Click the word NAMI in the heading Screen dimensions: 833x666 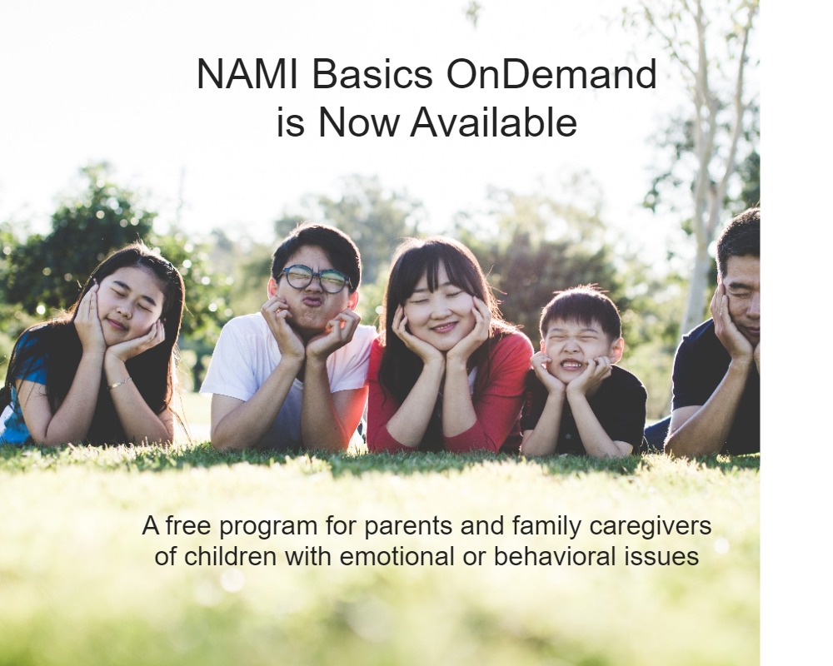(247, 74)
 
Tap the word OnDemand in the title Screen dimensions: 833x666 (551, 74)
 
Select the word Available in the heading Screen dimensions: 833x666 (493, 122)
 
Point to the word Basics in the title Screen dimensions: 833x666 (372, 74)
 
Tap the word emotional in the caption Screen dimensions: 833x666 (397, 557)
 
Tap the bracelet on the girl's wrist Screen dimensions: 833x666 (119, 382)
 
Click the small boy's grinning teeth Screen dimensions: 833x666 (571, 365)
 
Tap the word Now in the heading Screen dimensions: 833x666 (358, 122)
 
